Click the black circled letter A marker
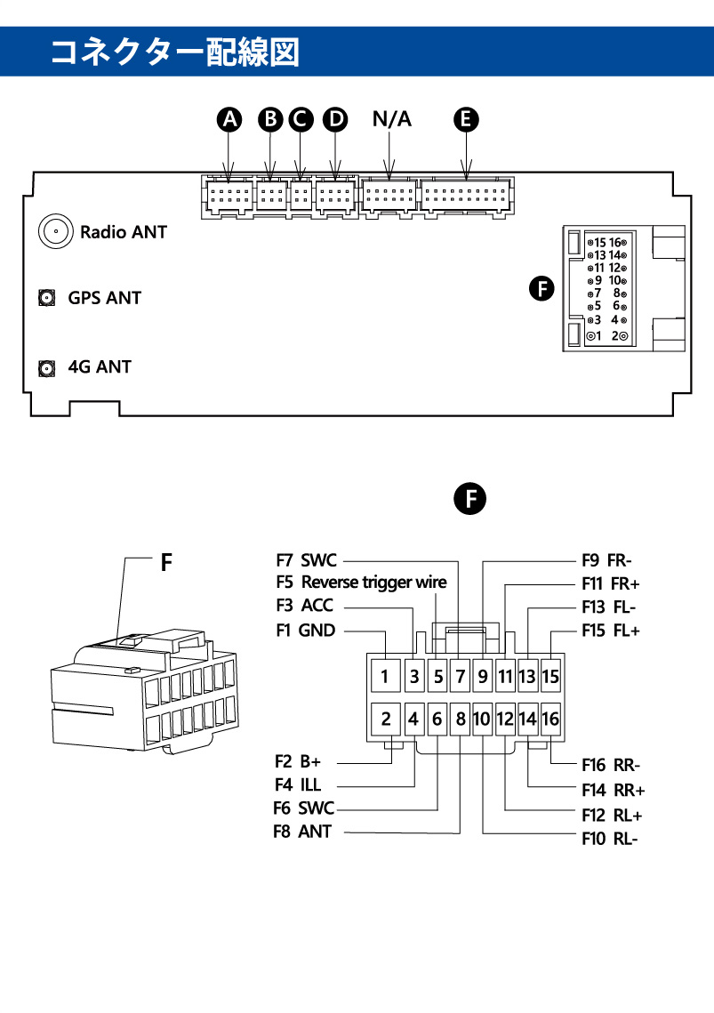pos(231,119)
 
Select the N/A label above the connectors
pos(392,119)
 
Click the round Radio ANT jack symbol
pos(55,232)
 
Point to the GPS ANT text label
pos(104,298)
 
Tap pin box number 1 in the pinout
pos(385,677)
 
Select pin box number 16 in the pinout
pos(550,719)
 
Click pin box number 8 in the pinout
pos(461,719)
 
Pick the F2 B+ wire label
pos(297,762)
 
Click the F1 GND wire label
pos(305,631)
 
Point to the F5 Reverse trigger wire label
pos(361,583)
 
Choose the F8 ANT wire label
pos(302,832)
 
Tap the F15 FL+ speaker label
pos(611,631)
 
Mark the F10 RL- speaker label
pos(610,838)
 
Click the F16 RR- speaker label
pos(611,764)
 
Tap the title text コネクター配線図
pos(174,52)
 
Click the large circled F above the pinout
pos(470,499)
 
